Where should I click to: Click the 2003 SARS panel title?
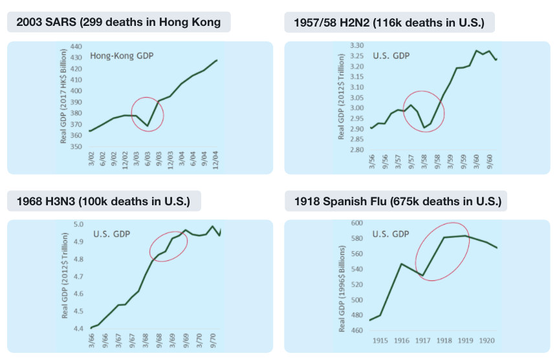point(118,23)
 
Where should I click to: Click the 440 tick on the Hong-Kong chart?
point(77,47)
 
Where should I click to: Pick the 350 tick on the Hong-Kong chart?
point(77,147)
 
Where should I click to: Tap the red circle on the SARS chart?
point(147,114)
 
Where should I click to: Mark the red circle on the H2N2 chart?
point(423,111)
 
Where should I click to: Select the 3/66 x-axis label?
point(91,339)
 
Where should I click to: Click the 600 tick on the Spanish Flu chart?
point(358,223)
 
